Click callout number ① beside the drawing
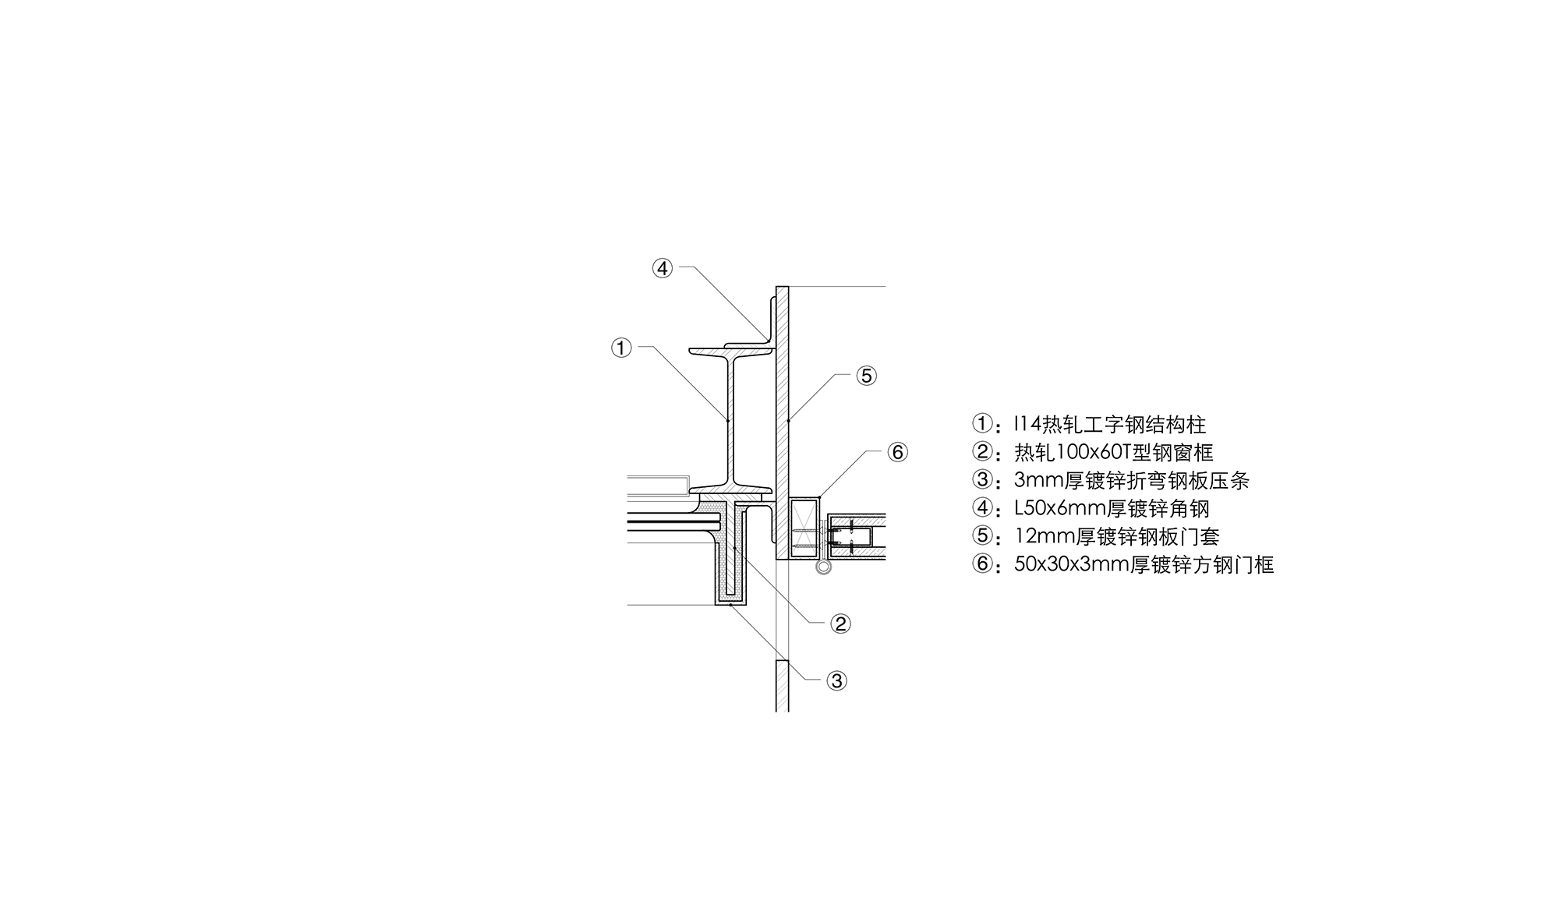point(621,348)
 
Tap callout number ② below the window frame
point(840,624)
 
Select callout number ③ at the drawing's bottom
point(836,680)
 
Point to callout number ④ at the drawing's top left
point(662,268)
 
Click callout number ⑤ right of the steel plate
point(866,376)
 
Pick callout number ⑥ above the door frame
point(897,452)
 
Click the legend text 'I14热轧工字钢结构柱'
point(1110,425)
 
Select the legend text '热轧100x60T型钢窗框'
point(1114,452)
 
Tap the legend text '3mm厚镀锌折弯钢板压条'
point(1132,480)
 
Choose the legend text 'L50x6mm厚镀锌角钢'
point(1112,508)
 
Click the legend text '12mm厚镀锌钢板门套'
point(1117,536)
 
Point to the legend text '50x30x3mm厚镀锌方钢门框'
point(1144,564)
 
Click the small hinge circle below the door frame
point(823,567)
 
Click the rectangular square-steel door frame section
point(804,528)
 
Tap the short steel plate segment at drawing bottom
point(783,686)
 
